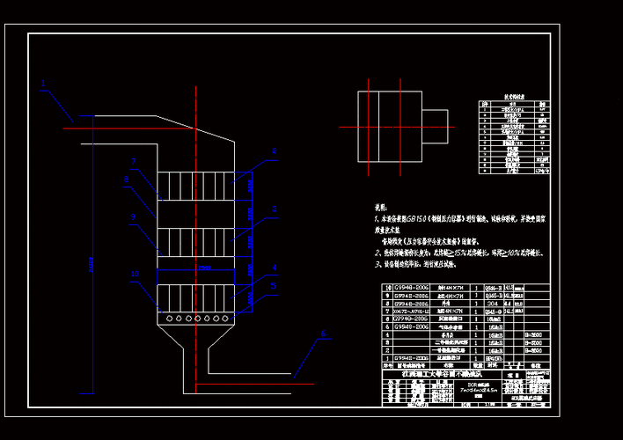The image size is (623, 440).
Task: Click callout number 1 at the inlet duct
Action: tap(42, 86)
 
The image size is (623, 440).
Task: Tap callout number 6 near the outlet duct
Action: tap(323, 334)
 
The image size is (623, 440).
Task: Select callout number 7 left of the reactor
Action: tap(134, 162)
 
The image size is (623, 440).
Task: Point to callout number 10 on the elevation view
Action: tap(135, 274)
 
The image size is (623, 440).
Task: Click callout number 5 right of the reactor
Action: tap(274, 286)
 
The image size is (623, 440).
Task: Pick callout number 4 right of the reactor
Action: tap(274, 267)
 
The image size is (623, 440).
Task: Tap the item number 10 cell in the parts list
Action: tap(386, 288)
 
